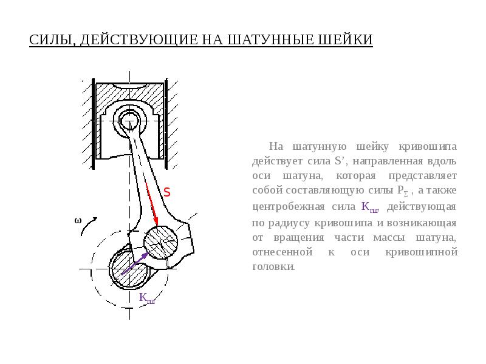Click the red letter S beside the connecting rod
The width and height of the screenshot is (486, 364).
166,192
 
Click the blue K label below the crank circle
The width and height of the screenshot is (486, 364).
146,298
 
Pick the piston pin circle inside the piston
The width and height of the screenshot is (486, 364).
129,119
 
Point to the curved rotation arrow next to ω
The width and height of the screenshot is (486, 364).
89,231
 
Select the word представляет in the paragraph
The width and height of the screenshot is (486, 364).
428,177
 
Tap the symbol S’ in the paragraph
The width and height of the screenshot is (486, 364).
339,162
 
